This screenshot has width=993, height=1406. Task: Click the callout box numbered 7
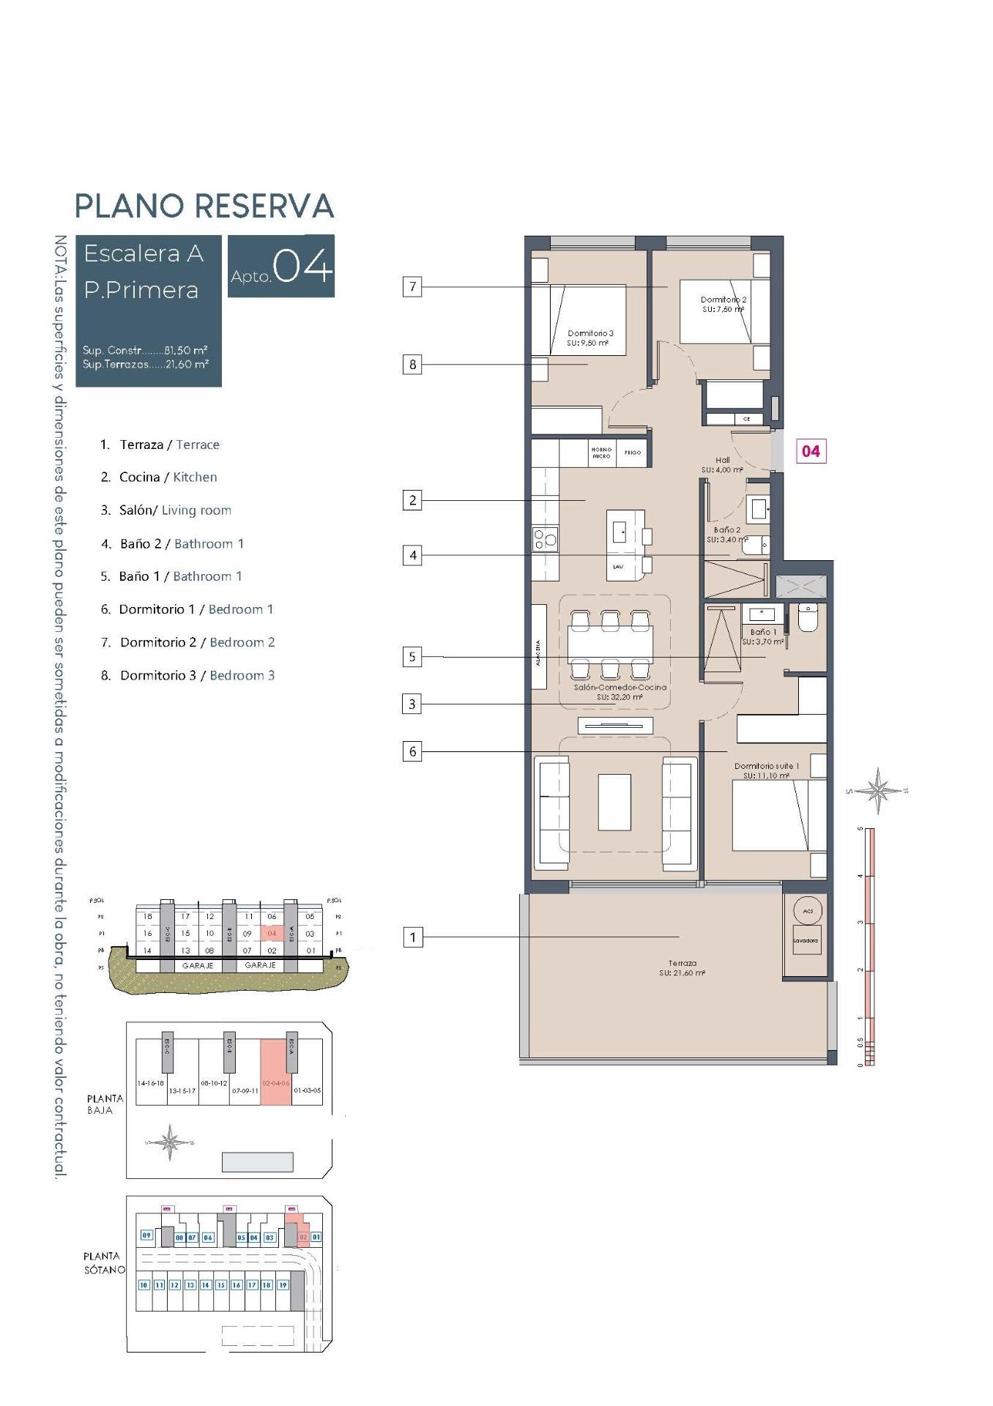pos(412,286)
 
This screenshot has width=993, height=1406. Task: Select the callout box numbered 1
pos(412,937)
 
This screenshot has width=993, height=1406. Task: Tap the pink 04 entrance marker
pos(811,451)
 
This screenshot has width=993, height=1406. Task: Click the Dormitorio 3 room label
pos(590,338)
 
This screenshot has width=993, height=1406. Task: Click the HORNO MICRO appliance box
pos(601,453)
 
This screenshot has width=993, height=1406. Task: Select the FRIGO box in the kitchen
pos(633,453)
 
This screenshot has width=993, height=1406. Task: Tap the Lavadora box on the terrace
pos(806,940)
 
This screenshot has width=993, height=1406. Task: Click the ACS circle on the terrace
pos(808,911)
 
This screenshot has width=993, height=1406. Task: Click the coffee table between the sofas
pos(614,802)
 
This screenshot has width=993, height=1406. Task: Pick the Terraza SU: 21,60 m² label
pos(682,968)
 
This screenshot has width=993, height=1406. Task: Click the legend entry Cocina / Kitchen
pos(159,477)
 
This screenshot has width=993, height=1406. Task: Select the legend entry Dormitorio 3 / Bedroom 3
pos(187,676)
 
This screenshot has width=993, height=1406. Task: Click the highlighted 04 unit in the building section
pos(272,934)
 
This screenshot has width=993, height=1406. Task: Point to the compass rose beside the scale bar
pos(877,790)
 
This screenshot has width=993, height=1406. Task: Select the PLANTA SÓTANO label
pos(104,1262)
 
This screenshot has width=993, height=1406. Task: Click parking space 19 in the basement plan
pos(282,1284)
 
